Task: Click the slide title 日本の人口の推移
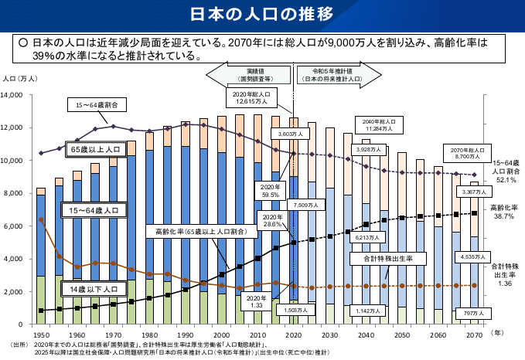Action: point(262,15)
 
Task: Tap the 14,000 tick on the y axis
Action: point(16,95)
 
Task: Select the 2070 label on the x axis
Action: point(474,335)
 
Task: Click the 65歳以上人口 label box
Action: point(95,148)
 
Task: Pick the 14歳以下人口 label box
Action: point(93,288)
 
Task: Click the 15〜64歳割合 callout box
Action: point(97,104)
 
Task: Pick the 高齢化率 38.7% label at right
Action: point(503,212)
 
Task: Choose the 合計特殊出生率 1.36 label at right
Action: point(504,274)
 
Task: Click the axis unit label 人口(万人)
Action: point(20,80)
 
